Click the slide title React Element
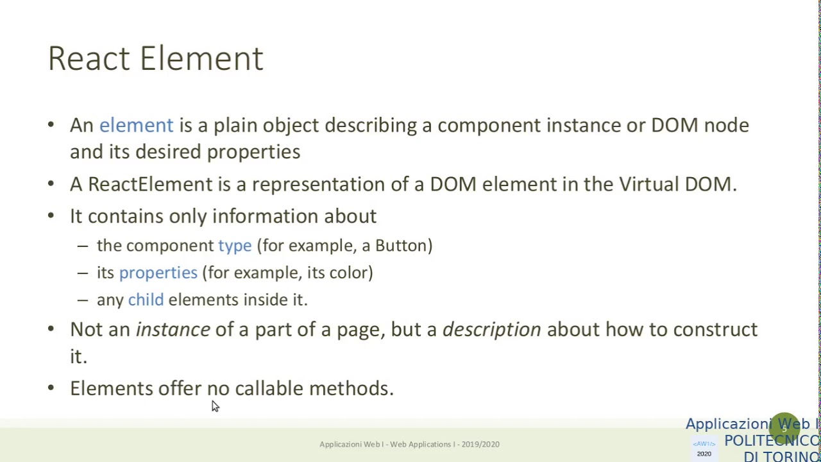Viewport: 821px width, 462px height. [155, 58]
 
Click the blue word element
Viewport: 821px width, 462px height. [136, 125]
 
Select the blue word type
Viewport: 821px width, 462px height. [235, 246]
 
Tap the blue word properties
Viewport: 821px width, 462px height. [158, 273]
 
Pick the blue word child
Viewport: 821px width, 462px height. [146, 300]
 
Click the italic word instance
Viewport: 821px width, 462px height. [173, 330]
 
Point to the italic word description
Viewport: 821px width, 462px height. [491, 330]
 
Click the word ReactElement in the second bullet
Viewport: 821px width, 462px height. [149, 184]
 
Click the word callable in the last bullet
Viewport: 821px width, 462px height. [269, 388]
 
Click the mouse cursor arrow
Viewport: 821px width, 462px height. [215, 406]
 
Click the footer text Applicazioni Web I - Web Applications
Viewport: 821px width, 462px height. [409, 444]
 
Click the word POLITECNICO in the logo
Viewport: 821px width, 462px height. [772, 441]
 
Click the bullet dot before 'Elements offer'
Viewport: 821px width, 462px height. [51, 388]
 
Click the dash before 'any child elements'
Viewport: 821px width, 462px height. [82, 300]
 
